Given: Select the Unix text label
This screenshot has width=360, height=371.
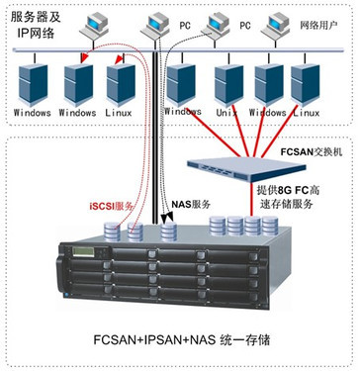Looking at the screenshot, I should (x=229, y=113).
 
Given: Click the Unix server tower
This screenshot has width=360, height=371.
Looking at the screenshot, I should (x=229, y=83).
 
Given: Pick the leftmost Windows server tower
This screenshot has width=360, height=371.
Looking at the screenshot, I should (x=33, y=83).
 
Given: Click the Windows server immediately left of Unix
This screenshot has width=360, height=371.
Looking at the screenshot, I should (x=183, y=83).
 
